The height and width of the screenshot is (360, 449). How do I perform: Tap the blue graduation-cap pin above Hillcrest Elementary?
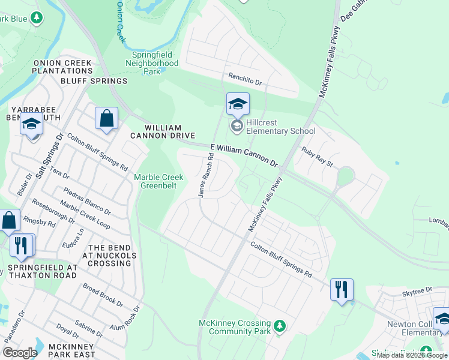tap(237, 105)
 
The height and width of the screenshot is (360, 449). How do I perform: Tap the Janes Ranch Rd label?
tap(206, 175)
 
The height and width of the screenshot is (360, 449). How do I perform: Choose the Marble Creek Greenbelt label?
tap(158, 181)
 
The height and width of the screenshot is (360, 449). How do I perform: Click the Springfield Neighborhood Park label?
tap(155, 63)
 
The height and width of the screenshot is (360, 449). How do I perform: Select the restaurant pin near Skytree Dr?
tap(342, 290)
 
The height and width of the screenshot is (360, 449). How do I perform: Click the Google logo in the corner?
tap(20, 353)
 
